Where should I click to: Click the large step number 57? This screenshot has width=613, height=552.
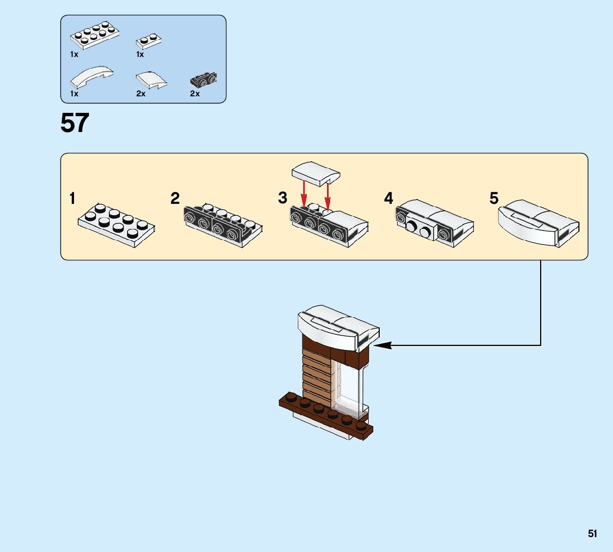coord(75,123)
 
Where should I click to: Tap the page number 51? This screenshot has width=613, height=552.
coord(592,533)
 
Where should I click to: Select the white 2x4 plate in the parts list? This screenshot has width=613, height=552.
coord(94,36)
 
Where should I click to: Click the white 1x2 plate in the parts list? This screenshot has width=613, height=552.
coord(149,41)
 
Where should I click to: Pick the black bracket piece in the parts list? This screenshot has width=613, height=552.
coord(203,80)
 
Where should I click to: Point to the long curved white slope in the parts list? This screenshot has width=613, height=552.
coord(92,78)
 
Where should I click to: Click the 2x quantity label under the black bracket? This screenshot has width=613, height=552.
coord(195,94)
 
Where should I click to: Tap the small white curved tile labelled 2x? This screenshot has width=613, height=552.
coord(151,80)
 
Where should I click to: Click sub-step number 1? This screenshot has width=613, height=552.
coord(72,199)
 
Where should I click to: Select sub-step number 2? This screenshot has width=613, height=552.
coord(175,199)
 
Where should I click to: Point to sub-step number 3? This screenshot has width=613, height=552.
coord(282,198)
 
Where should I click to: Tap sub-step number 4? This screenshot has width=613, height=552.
coord(389,199)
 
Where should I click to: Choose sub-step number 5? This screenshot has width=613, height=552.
coord(494,199)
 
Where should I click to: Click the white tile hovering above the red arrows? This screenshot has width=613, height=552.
coord(315,173)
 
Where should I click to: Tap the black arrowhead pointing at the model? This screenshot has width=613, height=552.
coord(382,345)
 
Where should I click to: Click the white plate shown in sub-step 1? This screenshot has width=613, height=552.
coord(117,225)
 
